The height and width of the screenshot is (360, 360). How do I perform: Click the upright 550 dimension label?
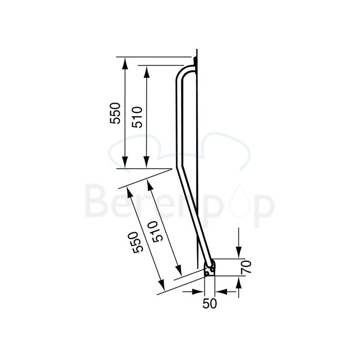tap(116, 113)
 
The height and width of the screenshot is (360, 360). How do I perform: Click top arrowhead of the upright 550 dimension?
tap(125, 62)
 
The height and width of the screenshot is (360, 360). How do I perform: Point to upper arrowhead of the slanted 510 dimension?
tap(149, 183)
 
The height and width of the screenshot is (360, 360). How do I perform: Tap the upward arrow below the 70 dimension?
tap(239, 282)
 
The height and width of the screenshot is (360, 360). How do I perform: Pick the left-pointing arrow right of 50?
tap(221, 290)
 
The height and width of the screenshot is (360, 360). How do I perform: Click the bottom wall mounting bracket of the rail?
tap(210, 269)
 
